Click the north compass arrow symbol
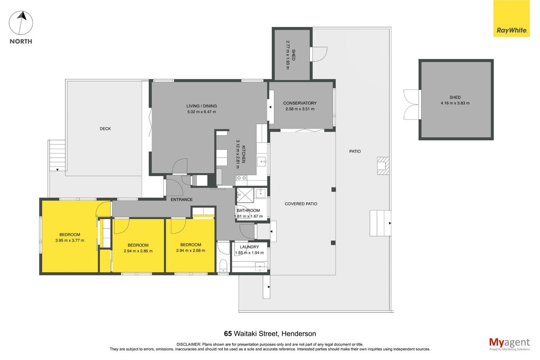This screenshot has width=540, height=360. [21, 23]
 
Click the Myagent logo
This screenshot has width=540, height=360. [509, 344]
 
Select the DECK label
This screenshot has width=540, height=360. [105, 129]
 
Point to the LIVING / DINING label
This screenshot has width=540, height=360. [202, 106]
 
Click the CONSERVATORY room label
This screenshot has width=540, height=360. [300, 103]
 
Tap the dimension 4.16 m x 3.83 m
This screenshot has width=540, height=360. [455, 103]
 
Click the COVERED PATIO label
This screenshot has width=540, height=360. [301, 204]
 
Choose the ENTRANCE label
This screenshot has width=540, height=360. [181, 199]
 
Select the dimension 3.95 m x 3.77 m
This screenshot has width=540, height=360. [70, 240]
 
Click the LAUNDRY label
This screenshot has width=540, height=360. [249, 247]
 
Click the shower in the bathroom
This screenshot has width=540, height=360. [245, 196]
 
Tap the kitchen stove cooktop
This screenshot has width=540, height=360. [241, 178]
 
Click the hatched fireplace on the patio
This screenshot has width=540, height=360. [383, 166]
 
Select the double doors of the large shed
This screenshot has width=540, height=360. [412, 105]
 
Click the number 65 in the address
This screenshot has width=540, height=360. [228, 334]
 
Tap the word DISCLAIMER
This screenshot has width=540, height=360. [189, 344]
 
